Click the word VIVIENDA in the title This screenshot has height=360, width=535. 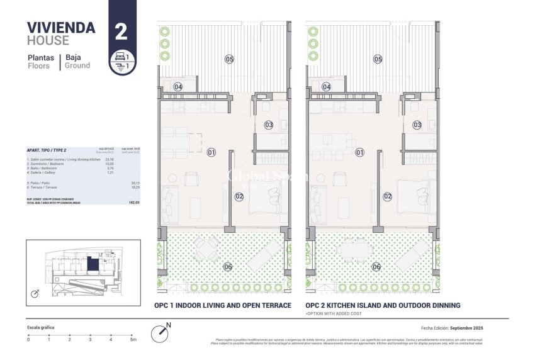point(61,27)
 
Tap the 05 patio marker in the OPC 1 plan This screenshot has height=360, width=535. point(229,59)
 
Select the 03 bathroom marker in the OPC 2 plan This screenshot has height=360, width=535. point(417,125)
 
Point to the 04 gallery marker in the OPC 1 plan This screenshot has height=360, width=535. point(178,87)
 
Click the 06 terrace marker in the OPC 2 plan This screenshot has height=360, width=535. point(376,267)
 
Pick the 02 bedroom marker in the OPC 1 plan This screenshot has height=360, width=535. point(239,196)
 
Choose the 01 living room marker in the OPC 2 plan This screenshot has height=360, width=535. point(360,152)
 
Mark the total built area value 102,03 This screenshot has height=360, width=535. point(133,203)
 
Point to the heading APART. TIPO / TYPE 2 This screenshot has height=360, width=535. point(47,151)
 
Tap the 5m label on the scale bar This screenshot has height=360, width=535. point(133,339)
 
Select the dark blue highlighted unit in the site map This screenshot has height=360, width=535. point(93,264)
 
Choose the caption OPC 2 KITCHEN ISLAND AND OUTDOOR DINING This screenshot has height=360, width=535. point(383,305)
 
